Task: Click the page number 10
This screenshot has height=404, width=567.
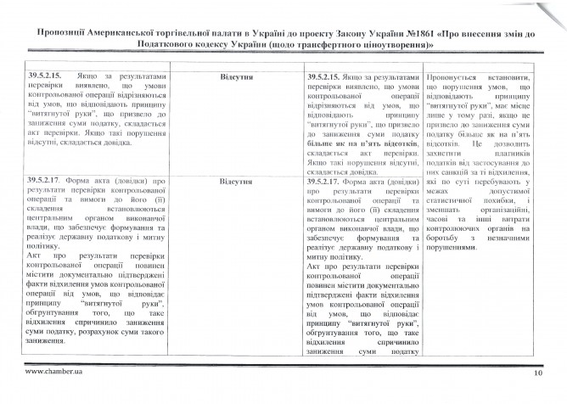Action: pyautogui.click(x=537, y=373)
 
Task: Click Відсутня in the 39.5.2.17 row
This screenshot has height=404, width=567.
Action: pyautogui.click(x=233, y=182)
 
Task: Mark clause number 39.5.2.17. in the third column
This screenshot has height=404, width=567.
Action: pyautogui.click(x=326, y=182)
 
